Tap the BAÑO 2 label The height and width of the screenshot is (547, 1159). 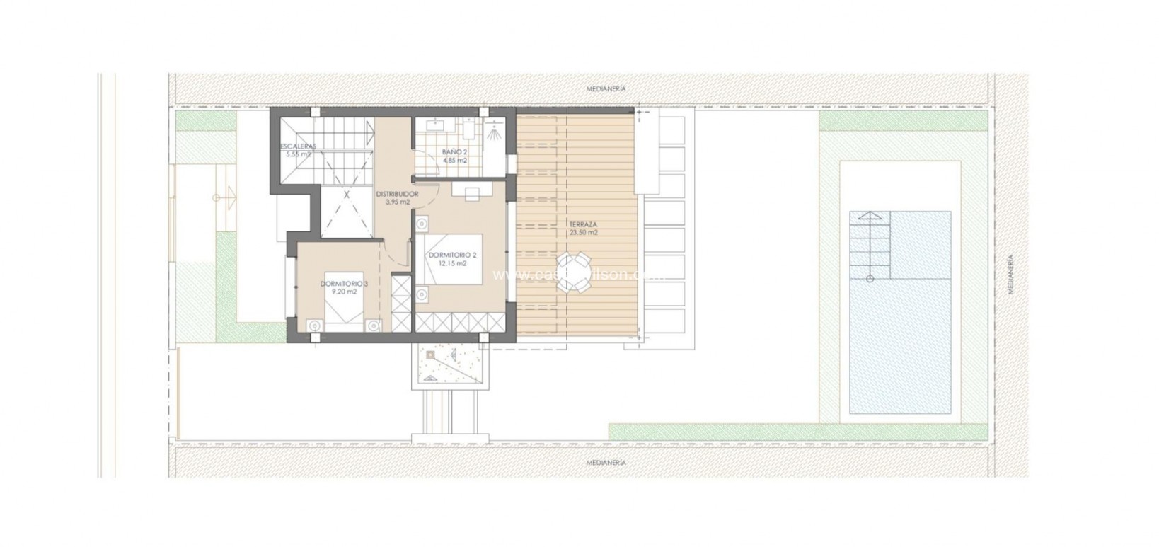[454, 152]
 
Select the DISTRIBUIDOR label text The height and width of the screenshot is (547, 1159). [397, 194]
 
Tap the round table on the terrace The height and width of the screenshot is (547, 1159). [572, 272]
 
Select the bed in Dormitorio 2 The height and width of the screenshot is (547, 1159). [452, 259]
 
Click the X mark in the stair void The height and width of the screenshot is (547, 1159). [347, 194]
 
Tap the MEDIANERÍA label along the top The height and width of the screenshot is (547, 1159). [606, 89]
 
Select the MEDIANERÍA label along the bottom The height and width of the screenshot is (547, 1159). [606, 462]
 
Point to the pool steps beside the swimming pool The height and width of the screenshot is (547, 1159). [870, 245]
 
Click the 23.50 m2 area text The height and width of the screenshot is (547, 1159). [584, 233]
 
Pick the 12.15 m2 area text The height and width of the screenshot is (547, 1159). [452, 263]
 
